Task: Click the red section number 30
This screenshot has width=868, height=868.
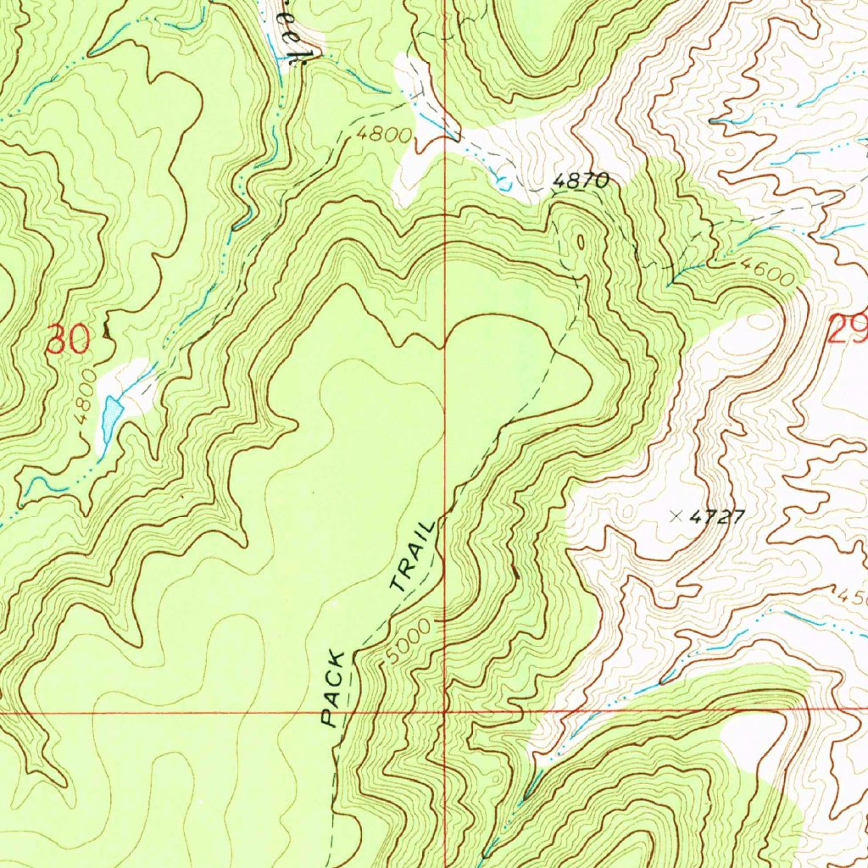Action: tap(68, 340)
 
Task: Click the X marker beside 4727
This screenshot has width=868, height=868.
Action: tap(676, 515)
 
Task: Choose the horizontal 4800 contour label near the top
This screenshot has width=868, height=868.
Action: tap(384, 136)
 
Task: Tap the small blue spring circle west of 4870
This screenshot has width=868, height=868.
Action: tap(502, 181)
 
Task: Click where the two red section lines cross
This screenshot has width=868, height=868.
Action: tap(446, 710)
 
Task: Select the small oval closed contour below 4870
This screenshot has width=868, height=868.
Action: tap(580, 242)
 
